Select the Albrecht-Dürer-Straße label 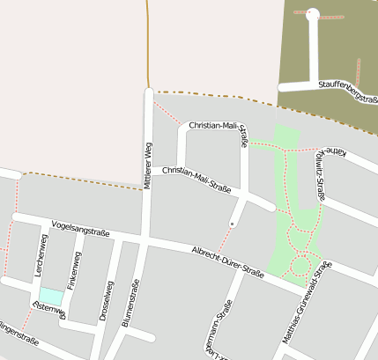pyautogui.click(x=227, y=261)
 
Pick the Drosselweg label pyautogui.click(x=107, y=299)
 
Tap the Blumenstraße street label pyautogui.click(x=131, y=304)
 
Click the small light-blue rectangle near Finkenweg pyautogui.click(x=52, y=297)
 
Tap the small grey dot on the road pyautogui.click(x=232, y=224)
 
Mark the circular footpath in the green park pyautogui.click(x=300, y=263)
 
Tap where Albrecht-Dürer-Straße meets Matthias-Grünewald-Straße pyautogui.click(x=309, y=289)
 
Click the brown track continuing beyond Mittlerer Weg pyautogui.click(x=148, y=44)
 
